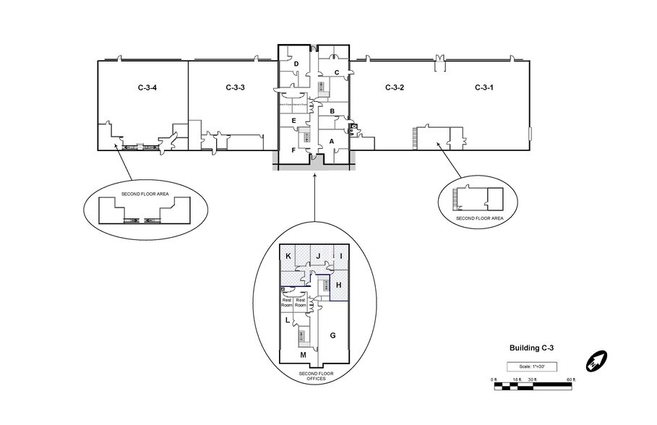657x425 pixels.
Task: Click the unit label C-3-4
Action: (147, 87)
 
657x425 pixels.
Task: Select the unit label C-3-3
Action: (235, 87)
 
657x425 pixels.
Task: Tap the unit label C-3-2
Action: (394, 87)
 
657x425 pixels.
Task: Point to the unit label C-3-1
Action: (484, 87)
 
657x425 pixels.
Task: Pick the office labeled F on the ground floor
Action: (293, 150)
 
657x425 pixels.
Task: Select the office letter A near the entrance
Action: (332, 142)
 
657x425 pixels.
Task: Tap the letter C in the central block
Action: (337, 72)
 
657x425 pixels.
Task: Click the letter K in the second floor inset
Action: (288, 257)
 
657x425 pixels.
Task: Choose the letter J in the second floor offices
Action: (317, 257)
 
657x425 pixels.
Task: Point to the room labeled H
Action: (338, 286)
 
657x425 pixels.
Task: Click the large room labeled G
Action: (332, 335)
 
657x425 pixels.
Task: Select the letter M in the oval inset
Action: (303, 355)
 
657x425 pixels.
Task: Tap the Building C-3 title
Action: (532, 348)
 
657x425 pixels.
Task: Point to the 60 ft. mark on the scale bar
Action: (570, 379)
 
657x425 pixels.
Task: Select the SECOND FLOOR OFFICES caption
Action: (314, 376)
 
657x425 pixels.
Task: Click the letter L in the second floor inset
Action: (288, 319)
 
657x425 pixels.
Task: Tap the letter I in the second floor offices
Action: (340, 257)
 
